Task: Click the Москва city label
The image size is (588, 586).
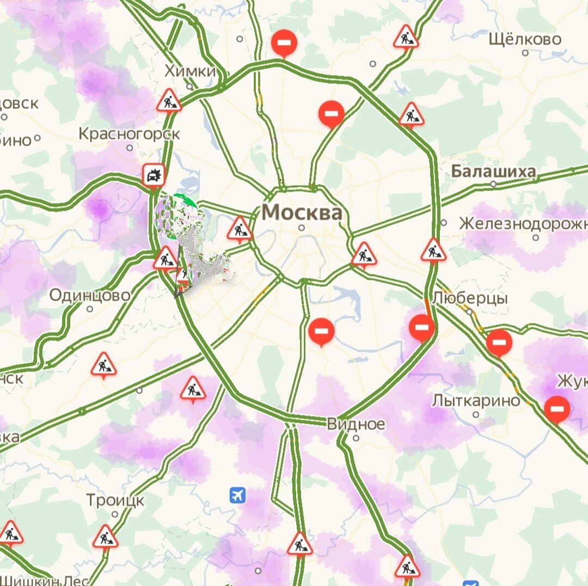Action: click(302, 212)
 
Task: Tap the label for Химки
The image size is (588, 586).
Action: click(190, 71)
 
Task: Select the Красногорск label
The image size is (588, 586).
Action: click(129, 133)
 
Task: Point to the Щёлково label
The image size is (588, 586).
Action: click(524, 39)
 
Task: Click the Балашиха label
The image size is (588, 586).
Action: click(493, 172)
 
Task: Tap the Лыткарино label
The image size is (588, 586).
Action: click(476, 401)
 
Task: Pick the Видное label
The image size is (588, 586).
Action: click(356, 424)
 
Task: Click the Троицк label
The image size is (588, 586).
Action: click(115, 500)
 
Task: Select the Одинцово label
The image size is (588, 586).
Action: click(90, 295)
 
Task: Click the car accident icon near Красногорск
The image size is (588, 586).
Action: click(154, 175)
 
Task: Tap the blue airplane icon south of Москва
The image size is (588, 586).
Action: click(238, 495)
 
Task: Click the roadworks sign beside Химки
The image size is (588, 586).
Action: click(169, 101)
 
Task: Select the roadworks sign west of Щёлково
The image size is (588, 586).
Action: click(406, 36)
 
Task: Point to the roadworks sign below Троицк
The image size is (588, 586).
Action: click(105, 537)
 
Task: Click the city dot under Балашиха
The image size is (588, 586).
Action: click(493, 184)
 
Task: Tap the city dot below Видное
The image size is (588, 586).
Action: click(356, 437)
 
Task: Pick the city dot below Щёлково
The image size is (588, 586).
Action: click(525, 53)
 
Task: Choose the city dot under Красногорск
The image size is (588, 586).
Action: click(130, 147)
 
